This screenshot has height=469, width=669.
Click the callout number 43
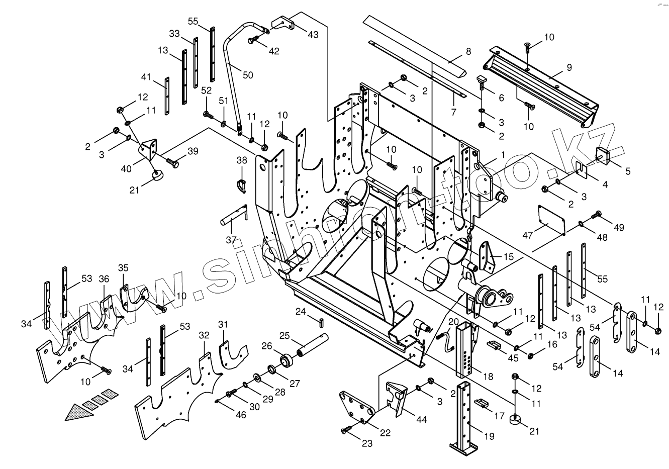click(313, 34)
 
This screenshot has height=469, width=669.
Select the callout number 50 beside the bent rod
click(248, 75)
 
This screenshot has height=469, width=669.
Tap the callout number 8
click(468, 51)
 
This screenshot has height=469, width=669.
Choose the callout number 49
click(619, 228)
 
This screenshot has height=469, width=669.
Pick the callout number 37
click(231, 240)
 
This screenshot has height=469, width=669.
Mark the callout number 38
click(242, 160)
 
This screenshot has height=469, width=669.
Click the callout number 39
click(193, 151)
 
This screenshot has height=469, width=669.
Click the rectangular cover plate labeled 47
click(551, 219)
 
